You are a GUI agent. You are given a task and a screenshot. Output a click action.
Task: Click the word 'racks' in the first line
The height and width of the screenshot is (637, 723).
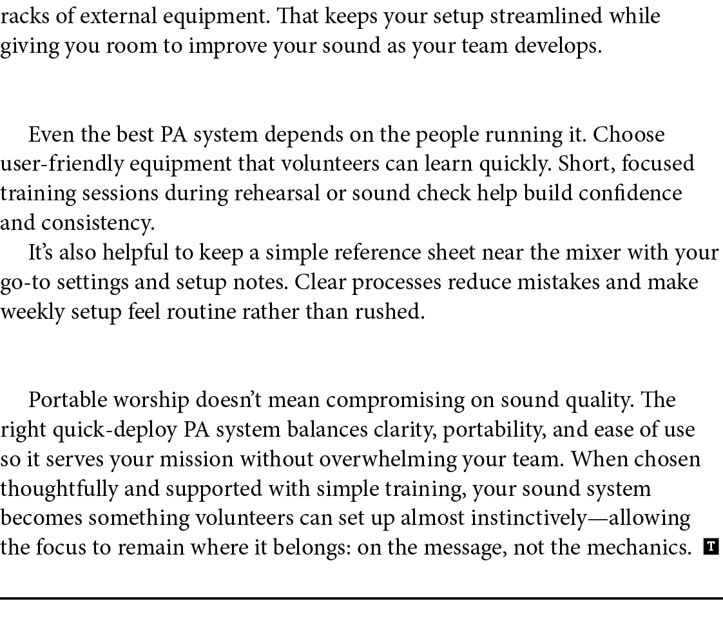pos(15,16)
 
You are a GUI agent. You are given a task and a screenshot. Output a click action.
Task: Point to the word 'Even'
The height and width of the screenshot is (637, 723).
pos(45,135)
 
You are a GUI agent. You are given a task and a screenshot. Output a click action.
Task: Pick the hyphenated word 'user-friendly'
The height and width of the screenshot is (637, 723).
pos(63,165)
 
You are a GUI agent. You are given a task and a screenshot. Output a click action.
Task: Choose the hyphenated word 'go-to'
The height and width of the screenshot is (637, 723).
pos(21,283)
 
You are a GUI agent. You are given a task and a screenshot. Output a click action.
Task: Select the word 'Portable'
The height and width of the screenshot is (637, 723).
pos(68,401)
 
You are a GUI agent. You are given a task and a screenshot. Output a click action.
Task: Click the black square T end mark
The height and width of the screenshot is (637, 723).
pos(711,547)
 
